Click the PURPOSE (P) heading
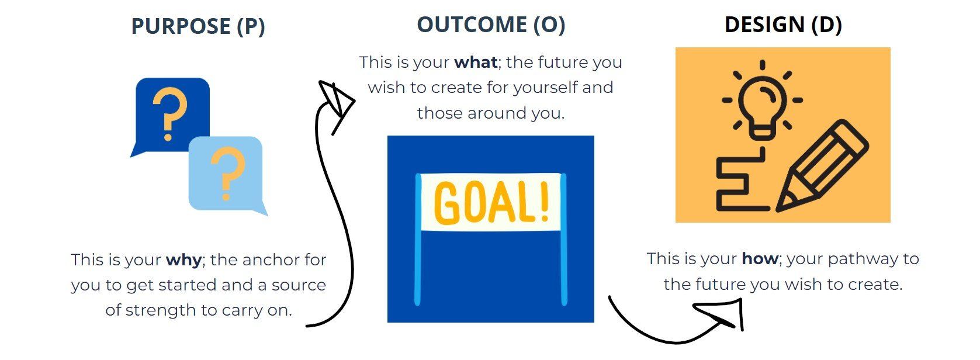tap(198, 26)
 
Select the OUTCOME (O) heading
tap(491, 25)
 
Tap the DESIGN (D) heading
tap(783, 25)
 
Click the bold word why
tap(183, 260)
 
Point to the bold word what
tap(476, 62)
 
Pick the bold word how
tap(760, 258)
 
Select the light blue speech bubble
tap(227, 175)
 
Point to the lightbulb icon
tap(763, 101)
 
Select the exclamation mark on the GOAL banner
tap(545, 201)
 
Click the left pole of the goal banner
tap(418, 240)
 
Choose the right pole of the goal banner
tap(564, 240)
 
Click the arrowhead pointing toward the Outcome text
tap(336, 103)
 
